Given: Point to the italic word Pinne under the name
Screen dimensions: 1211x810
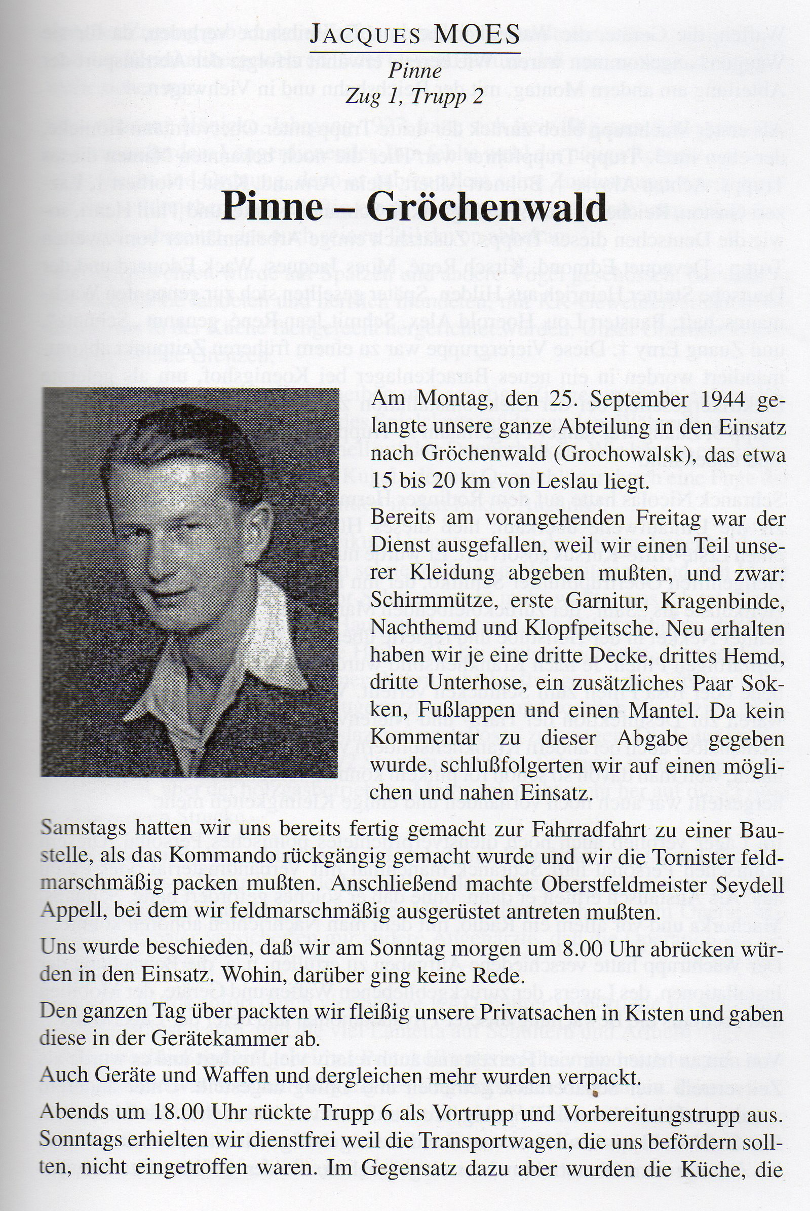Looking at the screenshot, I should point(415,70).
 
